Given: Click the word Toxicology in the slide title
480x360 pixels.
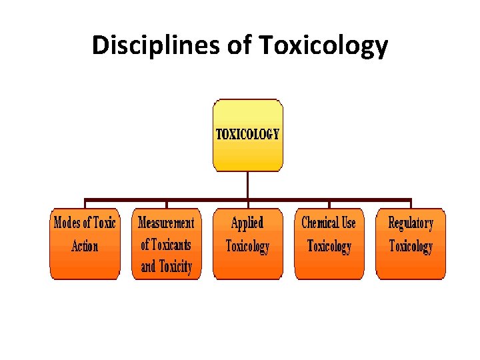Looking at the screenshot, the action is pos(323,45).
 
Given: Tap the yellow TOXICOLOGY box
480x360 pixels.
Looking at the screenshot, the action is pos(247,135).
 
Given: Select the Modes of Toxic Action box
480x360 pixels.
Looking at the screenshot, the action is pos(85,244).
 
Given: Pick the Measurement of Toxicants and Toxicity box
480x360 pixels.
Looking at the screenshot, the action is pos(166,244).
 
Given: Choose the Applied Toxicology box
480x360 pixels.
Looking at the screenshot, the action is pos(247,244).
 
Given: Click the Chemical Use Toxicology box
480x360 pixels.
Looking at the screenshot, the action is pos(329,244).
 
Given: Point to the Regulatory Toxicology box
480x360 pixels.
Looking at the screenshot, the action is pos(411,244).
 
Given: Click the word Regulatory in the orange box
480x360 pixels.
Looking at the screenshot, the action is pos(411,223).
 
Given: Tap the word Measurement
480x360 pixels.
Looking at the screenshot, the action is pos(166,223).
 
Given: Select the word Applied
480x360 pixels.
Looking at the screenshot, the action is pos(247,223).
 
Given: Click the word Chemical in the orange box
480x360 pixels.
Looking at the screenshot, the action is pos(319,223).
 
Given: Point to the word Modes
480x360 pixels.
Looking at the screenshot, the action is pos(67,223).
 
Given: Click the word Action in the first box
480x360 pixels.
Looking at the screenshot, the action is pos(85,246).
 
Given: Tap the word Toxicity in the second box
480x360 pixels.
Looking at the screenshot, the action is pos(175,267).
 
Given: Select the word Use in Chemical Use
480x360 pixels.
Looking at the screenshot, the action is pos(348,223).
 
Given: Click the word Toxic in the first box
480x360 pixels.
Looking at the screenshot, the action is pos(105,223).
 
